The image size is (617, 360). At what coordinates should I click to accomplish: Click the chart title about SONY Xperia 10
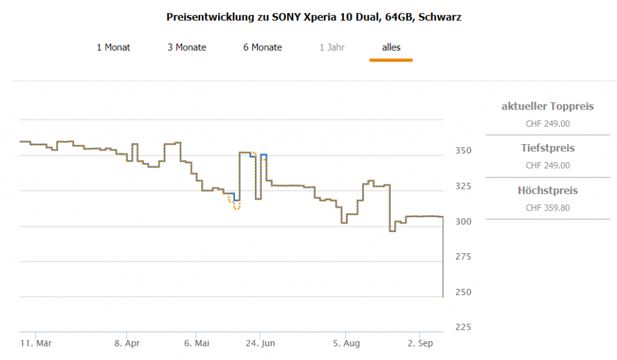click(x=313, y=17)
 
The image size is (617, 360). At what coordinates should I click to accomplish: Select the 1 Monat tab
click(x=113, y=47)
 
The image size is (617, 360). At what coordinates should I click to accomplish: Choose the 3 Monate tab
click(x=187, y=47)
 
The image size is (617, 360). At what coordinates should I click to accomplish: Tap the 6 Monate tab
click(x=263, y=47)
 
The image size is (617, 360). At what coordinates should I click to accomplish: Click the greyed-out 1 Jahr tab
click(x=332, y=47)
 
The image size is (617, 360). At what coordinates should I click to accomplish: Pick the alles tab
click(x=391, y=47)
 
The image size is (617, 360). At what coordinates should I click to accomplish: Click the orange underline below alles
click(x=391, y=60)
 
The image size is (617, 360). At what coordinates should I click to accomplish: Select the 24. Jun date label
click(x=260, y=344)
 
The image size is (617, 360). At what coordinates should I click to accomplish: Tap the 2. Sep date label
click(x=421, y=344)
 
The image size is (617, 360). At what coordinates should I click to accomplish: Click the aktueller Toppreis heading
click(x=548, y=107)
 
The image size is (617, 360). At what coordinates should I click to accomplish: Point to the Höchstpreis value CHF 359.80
click(x=548, y=208)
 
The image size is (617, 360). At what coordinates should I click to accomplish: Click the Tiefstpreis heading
click(x=548, y=148)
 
